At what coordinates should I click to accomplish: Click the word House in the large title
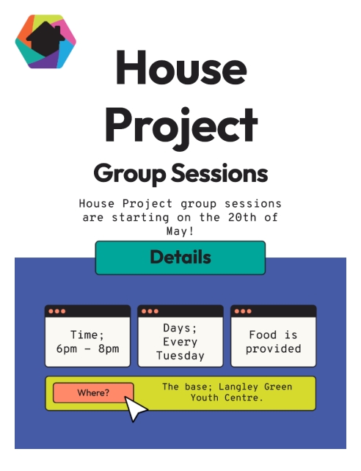[x=180, y=69]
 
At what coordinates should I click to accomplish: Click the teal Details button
[x=180, y=258]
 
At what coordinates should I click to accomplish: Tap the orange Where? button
[x=93, y=393]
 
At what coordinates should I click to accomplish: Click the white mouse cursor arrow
[x=136, y=409]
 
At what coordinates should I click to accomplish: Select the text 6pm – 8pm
[x=87, y=348]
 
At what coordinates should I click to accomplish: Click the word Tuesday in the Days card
[x=180, y=356]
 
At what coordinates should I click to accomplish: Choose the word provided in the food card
[x=273, y=349]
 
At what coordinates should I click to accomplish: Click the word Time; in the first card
[x=87, y=335]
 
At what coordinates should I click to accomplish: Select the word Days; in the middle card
[x=180, y=328]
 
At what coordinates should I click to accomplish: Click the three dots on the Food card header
[x=243, y=311]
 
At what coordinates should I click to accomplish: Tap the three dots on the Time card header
[x=56, y=311]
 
